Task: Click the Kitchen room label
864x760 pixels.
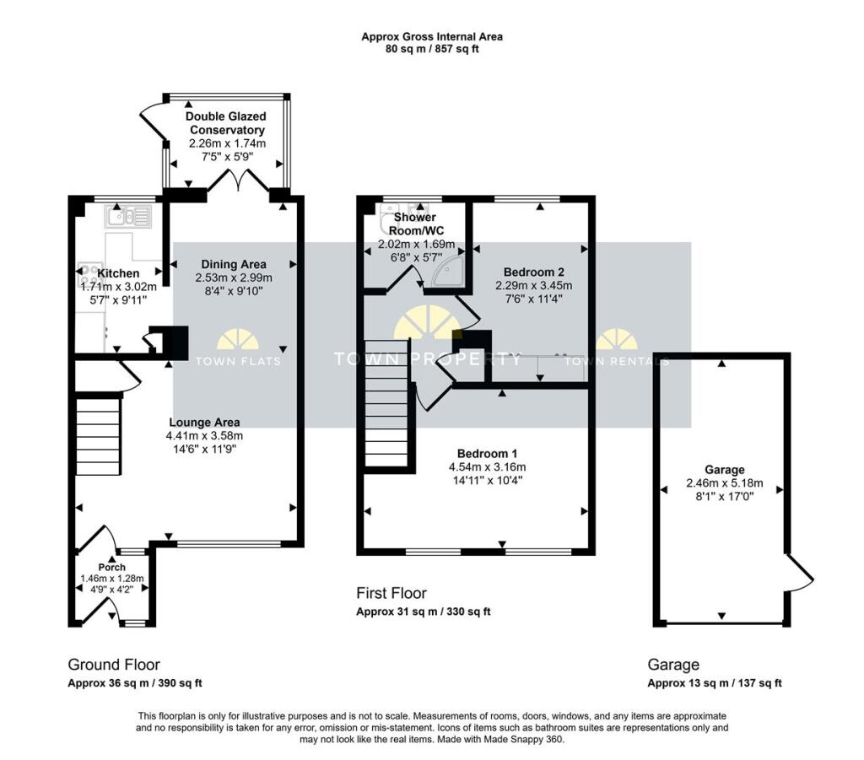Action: pos(118,273)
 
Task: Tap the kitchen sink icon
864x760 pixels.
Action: pos(128,217)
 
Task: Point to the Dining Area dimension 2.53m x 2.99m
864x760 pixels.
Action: pos(234,278)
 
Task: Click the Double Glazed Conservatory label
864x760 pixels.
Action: pos(226,123)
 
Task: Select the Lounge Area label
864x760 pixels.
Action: pos(204,423)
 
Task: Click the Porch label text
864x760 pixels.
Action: pos(112,567)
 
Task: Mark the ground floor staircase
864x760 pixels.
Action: pos(98,435)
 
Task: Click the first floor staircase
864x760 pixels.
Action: pos(386,403)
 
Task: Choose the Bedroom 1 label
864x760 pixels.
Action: pos(487,454)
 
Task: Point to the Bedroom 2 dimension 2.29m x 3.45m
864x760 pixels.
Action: pos(533,285)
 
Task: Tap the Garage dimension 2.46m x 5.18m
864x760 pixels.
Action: pos(725,483)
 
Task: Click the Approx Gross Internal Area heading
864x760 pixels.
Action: pos(432,37)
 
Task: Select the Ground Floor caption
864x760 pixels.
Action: pos(114,665)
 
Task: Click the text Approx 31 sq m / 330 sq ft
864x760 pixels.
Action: pos(424,612)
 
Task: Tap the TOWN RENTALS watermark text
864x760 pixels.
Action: pos(617,361)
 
